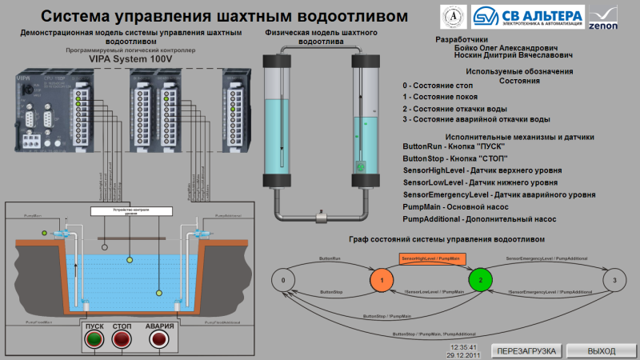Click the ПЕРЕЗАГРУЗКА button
point(527,351)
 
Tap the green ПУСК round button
point(94,341)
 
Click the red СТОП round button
point(122,341)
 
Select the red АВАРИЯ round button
point(158,341)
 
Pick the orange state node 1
point(382,281)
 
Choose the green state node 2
point(480,281)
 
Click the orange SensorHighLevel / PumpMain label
point(430,259)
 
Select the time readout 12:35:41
point(463,347)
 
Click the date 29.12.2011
point(463,354)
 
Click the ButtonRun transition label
point(330,259)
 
